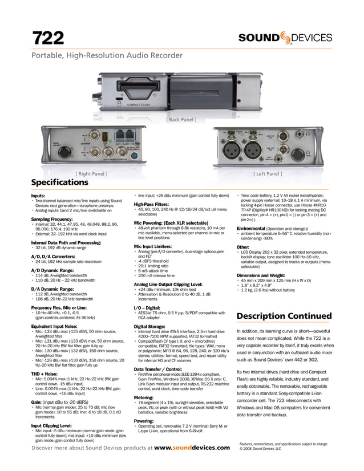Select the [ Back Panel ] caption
click(x=181, y=120)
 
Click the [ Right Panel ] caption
click(x=91, y=173)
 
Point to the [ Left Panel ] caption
click(x=268, y=173)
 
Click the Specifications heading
click(x=59, y=183)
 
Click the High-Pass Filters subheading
click(x=151, y=204)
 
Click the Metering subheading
click(x=143, y=397)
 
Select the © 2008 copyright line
click(x=260, y=449)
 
